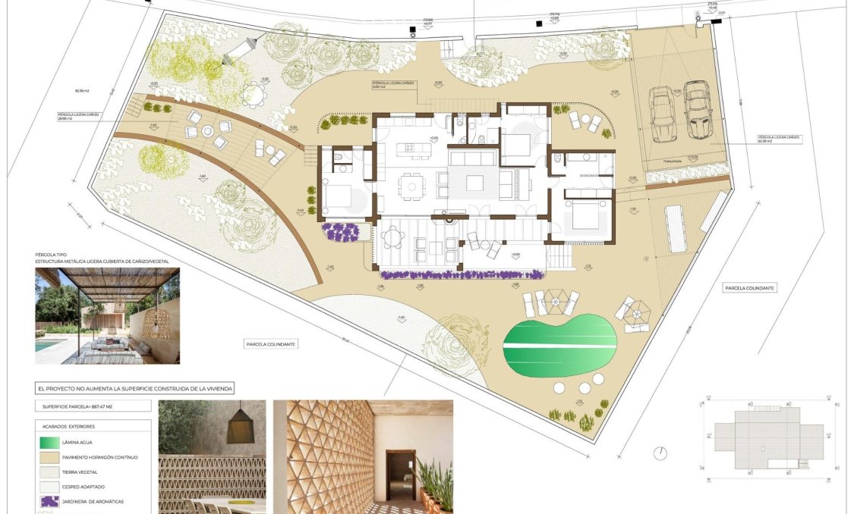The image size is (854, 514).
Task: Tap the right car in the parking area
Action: coord(696,111)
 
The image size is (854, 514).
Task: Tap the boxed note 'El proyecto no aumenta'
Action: coord(135,388)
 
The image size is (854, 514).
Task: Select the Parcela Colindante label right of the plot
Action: coord(748,288)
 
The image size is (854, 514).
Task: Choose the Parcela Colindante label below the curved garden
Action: coord(271,344)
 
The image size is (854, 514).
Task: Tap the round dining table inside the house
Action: coord(411,183)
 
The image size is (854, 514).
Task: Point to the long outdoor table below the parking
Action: coord(676,228)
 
